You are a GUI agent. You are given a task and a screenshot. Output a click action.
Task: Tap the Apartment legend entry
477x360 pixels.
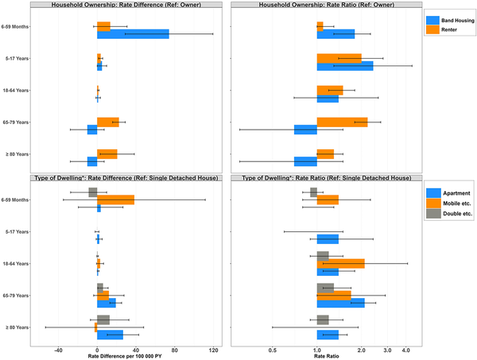pos(446,192)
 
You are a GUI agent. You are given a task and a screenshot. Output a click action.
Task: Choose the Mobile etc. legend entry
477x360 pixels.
pos(447,203)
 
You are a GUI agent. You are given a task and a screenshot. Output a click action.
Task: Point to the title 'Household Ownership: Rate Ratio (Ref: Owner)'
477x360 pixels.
pos(326,5)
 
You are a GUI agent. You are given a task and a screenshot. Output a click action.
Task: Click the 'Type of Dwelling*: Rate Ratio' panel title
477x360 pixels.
pos(326,178)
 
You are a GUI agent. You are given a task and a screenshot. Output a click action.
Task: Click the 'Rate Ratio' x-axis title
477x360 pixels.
pos(326,354)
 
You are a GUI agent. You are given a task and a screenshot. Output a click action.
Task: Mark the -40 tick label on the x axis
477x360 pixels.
pos(58,347)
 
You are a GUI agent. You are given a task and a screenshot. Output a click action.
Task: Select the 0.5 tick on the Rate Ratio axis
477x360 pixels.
pos(273,347)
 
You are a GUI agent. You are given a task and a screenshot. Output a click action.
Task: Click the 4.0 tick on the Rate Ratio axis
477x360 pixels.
pos(405,347)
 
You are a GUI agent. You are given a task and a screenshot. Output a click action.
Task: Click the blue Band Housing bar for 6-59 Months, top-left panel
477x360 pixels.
pos(133,34)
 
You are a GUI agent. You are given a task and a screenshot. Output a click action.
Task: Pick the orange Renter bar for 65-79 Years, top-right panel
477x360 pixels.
pos(342,122)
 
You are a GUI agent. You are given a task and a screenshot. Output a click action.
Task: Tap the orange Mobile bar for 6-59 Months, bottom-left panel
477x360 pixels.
pos(115,199)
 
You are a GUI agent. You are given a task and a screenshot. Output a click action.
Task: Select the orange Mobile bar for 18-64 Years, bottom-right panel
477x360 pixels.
pos(340,263)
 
